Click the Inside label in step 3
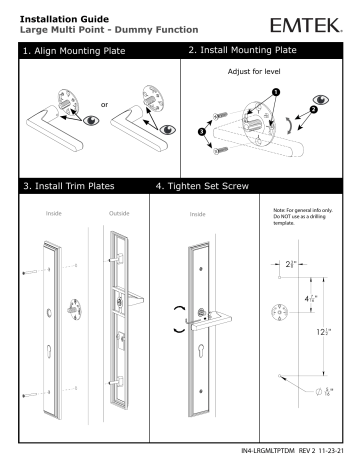pos(51,212)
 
